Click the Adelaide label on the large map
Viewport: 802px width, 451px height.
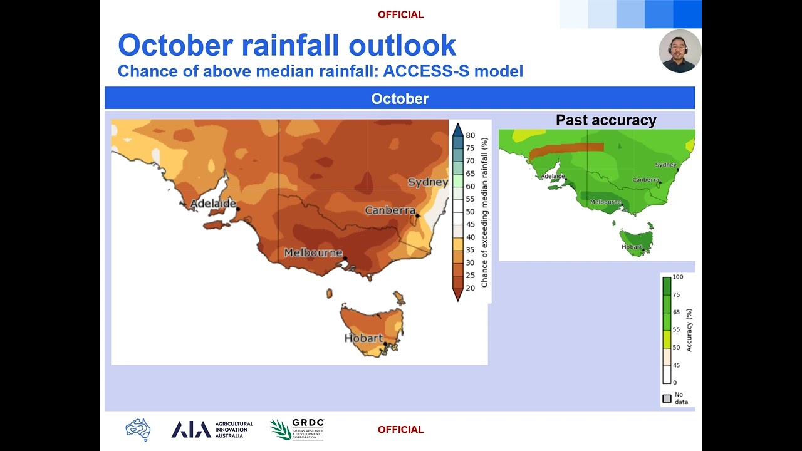point(213,204)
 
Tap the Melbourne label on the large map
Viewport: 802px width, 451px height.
point(313,253)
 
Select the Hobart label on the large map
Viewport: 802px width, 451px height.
point(363,338)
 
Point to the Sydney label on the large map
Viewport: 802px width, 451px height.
point(428,182)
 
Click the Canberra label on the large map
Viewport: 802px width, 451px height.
point(390,210)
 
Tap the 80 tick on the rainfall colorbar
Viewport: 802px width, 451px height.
point(470,135)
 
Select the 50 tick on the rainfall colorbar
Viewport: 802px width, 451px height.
point(470,212)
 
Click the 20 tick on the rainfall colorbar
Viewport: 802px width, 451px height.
point(470,288)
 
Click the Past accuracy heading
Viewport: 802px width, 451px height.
point(606,120)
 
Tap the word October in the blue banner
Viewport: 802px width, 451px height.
point(400,99)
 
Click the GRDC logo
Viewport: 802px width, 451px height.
point(297,430)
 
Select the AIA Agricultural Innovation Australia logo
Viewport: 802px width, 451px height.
point(212,430)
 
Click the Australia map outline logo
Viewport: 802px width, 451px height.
point(138,430)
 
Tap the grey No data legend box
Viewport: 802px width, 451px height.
point(667,398)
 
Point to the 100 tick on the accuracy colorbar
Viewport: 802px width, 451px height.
point(677,277)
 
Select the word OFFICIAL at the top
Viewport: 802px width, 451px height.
point(401,14)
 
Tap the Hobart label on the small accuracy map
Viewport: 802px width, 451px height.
point(631,247)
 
